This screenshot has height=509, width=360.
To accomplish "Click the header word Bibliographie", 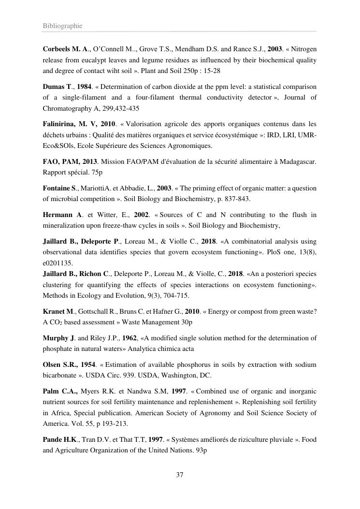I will [62, 26].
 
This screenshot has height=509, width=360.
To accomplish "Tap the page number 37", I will [180, 475].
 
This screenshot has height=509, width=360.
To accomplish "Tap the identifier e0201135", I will [58, 263].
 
